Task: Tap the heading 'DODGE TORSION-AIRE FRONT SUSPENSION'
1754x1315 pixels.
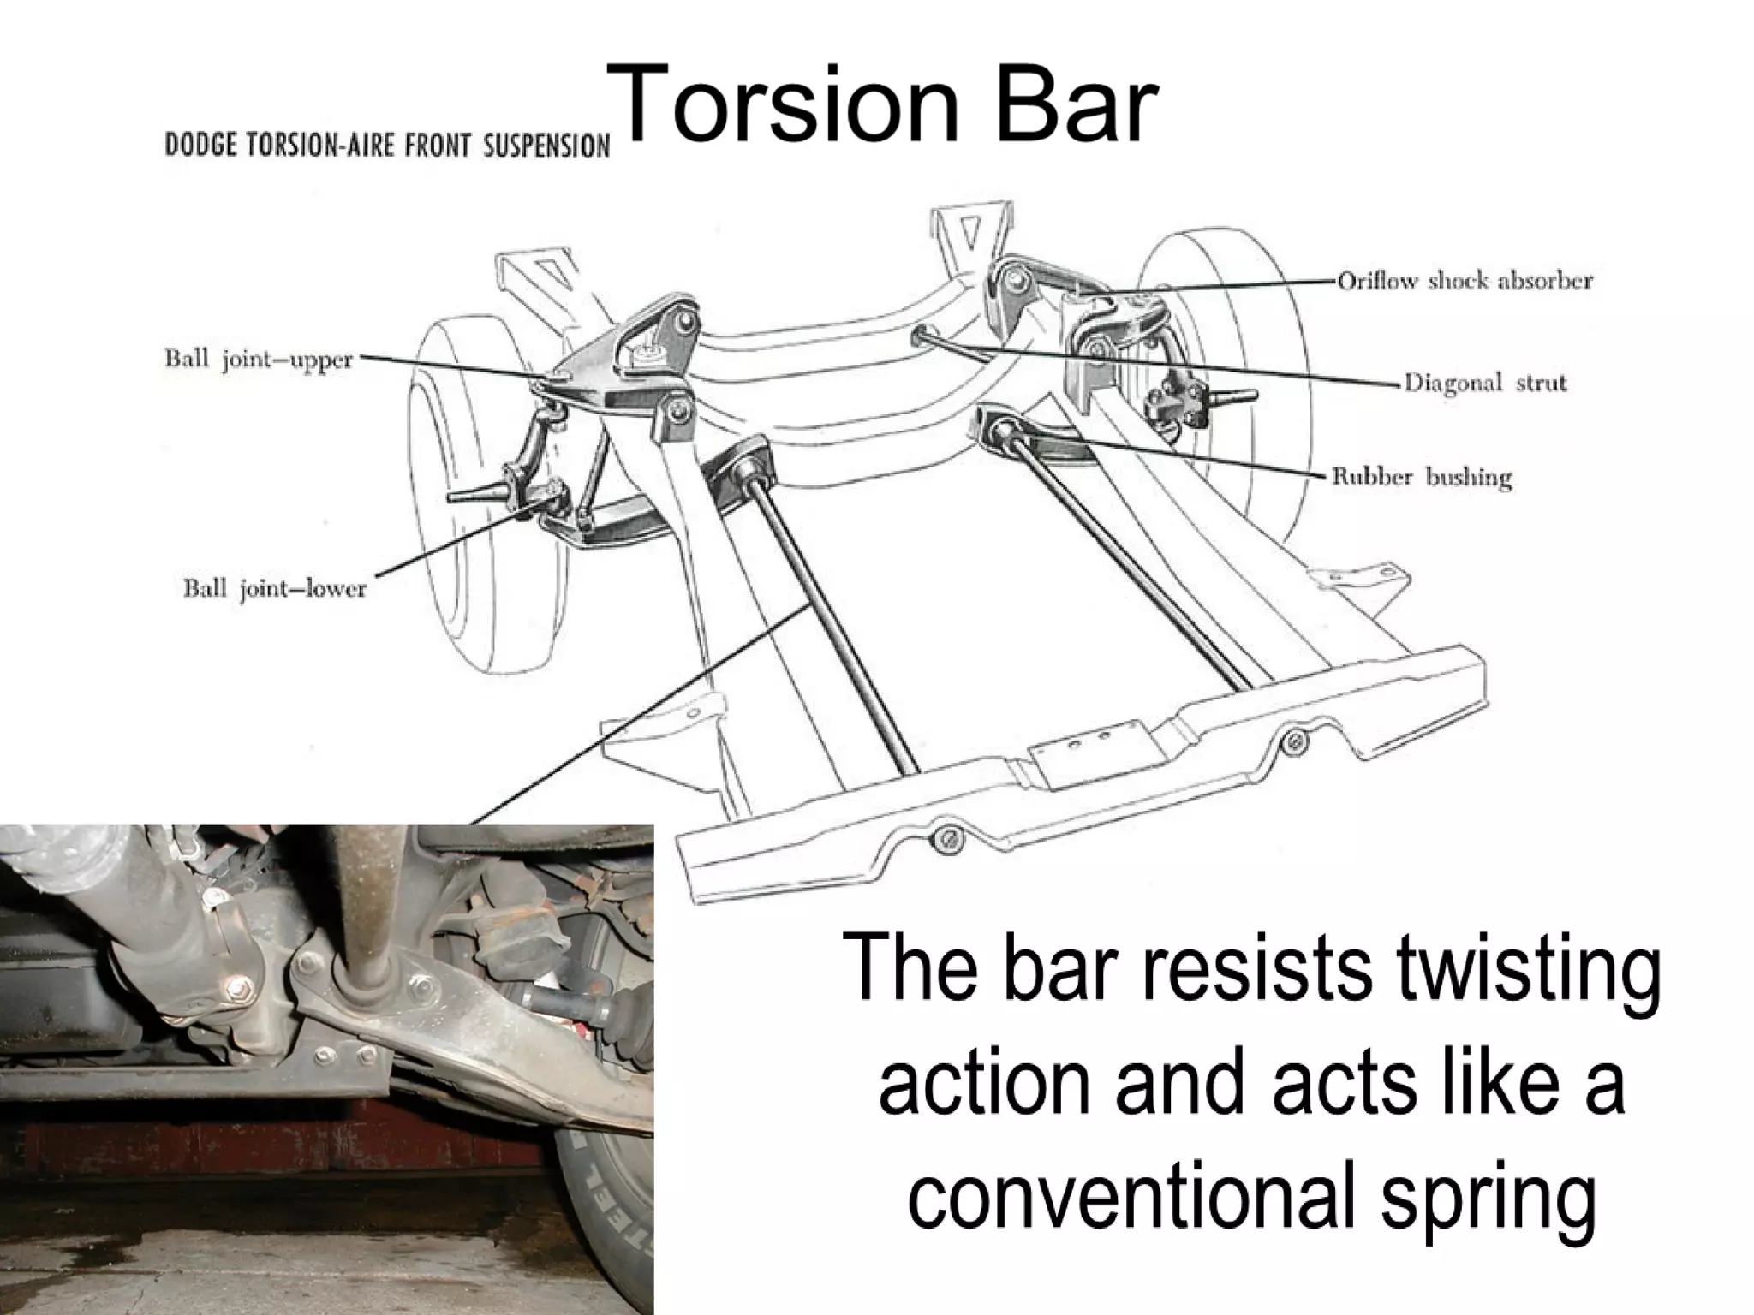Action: click(x=387, y=146)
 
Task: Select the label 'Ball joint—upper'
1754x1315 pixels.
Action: click(x=259, y=360)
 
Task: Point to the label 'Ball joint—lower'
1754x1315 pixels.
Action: click(x=274, y=589)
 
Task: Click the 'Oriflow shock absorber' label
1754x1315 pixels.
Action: click(x=1465, y=281)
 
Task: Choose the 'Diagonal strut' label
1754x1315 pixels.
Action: click(x=1485, y=383)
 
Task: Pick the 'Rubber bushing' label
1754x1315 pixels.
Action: click(x=1422, y=477)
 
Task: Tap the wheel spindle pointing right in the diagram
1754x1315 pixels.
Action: click(x=1233, y=396)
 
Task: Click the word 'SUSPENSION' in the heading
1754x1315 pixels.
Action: click(x=546, y=146)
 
